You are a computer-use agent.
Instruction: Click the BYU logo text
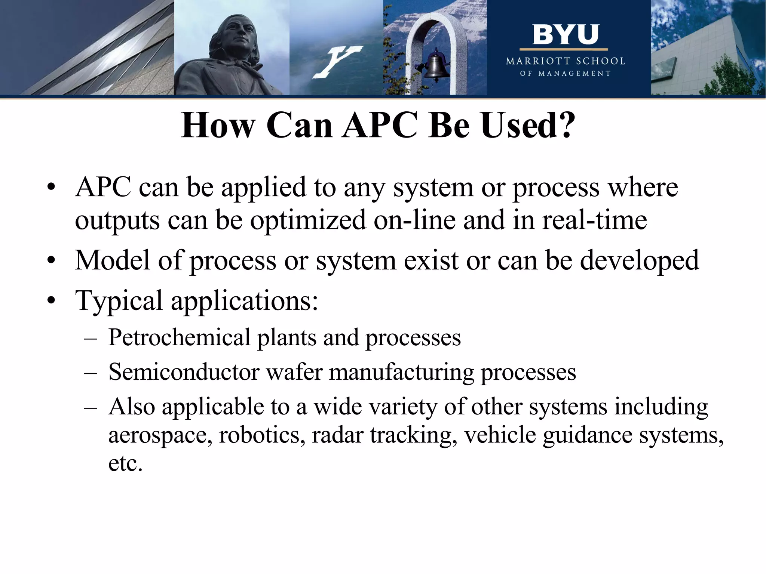pyautogui.click(x=565, y=35)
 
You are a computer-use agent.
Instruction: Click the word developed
pyautogui.click(x=639, y=261)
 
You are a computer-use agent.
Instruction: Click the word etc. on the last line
pyautogui.click(x=126, y=464)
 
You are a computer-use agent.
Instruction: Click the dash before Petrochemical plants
pyautogui.click(x=91, y=339)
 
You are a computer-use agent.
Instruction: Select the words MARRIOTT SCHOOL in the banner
pyautogui.click(x=565, y=61)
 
